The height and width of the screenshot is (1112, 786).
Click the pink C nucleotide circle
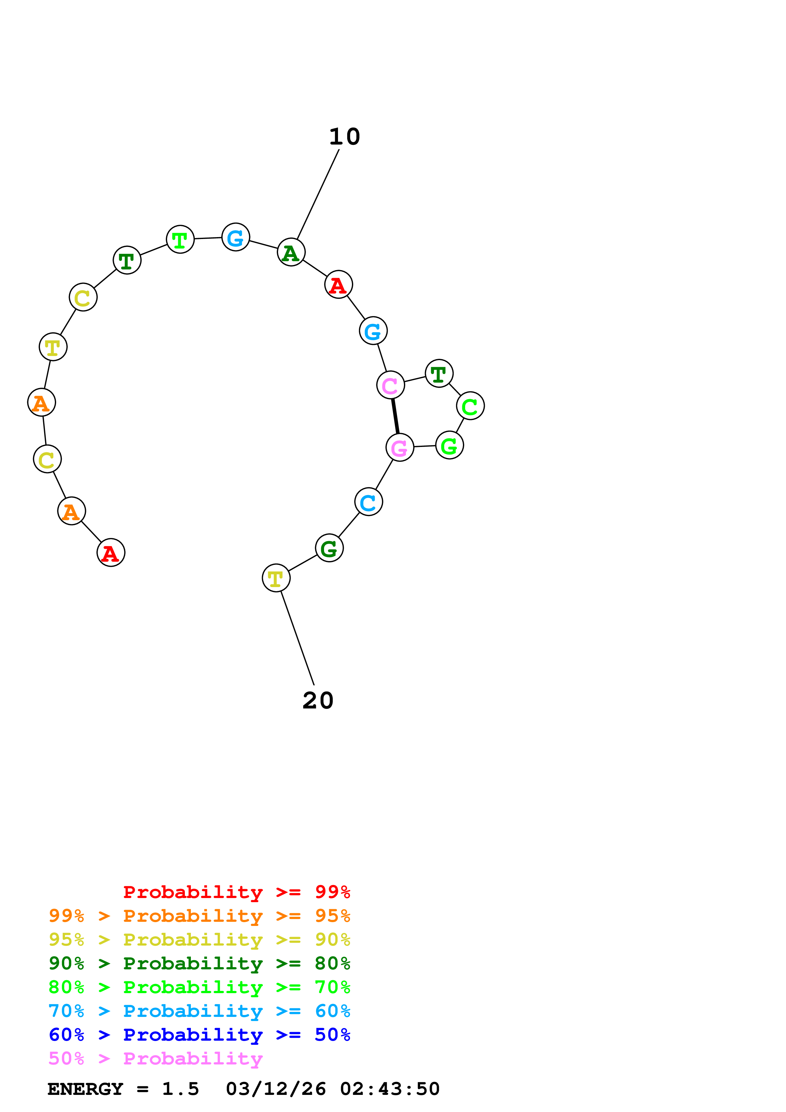390,385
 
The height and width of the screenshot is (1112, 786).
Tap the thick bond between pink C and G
395,416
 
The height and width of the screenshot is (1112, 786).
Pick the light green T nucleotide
180,239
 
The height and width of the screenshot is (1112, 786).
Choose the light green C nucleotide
470,406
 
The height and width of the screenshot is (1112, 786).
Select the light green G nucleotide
449,445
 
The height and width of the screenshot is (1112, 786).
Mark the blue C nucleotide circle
368,502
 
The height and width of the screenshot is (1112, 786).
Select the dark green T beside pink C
439,373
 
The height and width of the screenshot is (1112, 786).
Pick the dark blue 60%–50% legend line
199,1035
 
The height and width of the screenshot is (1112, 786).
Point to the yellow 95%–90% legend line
199,940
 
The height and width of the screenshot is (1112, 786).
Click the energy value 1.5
180,1089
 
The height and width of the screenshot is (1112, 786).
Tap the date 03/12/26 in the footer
276,1089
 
